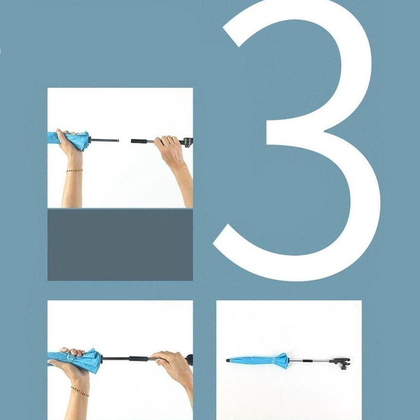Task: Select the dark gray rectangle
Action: [120, 245]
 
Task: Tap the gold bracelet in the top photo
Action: [74, 170]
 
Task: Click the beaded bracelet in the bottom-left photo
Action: [80, 391]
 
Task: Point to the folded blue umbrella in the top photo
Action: [68, 140]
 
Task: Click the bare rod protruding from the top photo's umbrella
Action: [104, 140]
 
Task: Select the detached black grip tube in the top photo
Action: [139, 141]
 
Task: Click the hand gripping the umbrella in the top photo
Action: [68, 142]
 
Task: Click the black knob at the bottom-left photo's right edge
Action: [189, 359]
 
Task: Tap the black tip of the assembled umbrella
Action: [228, 361]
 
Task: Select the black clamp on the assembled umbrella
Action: [340, 363]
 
